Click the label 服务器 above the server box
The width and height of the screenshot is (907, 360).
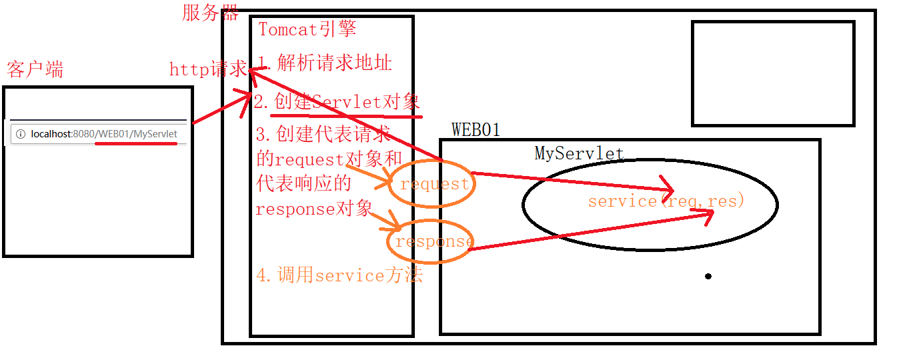[x=210, y=12]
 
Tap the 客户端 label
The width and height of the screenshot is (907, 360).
[x=35, y=69]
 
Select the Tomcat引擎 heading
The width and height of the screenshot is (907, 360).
[x=307, y=29]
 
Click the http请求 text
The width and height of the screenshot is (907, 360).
[x=207, y=69]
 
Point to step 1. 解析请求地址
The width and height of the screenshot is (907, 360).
[x=325, y=63]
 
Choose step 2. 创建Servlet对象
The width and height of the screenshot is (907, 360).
[x=337, y=101]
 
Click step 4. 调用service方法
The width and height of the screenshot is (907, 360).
[x=339, y=275]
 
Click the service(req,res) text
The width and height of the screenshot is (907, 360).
[x=666, y=201]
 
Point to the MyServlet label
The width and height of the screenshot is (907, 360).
[x=579, y=153]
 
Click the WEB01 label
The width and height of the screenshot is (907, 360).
[x=476, y=129]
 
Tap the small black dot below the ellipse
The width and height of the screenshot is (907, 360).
[x=708, y=276]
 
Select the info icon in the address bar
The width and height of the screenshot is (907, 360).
[x=20, y=134]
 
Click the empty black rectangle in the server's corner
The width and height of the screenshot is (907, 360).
[x=773, y=73]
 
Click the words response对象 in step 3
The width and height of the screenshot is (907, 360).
[x=314, y=208]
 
